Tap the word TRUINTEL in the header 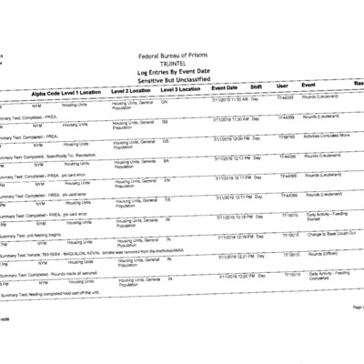180,66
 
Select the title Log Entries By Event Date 180,74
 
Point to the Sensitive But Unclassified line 180,82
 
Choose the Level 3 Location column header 185,90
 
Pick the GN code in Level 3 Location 165,103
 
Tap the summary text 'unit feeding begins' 45,233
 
